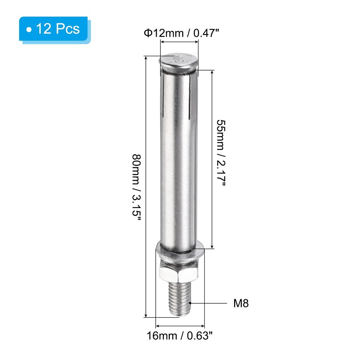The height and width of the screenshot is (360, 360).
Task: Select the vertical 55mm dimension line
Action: pos(212,159)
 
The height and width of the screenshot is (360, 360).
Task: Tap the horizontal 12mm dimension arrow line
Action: pos(179,42)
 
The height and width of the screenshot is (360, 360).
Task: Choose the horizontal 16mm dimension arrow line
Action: pos(180,325)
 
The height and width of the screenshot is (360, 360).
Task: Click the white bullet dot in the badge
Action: pos(29,29)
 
